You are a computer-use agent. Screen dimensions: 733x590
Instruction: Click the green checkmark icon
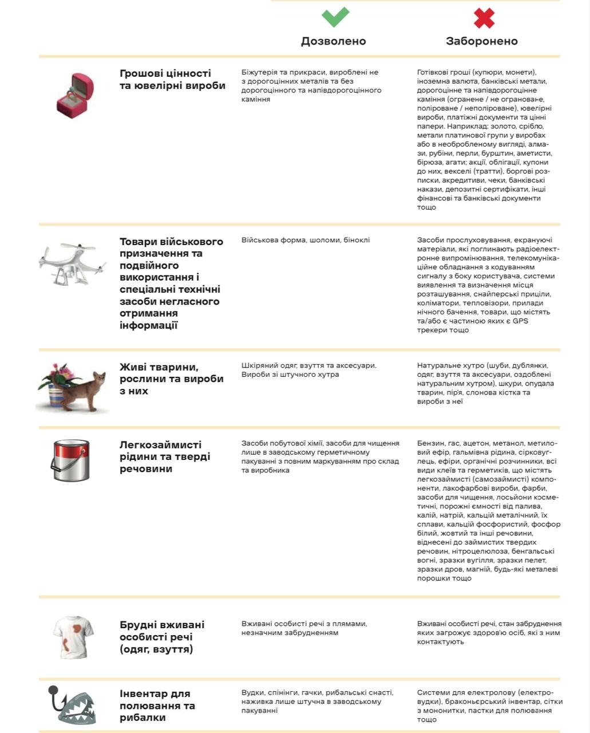tap(335, 17)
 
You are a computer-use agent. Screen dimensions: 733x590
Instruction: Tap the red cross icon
tap(484, 18)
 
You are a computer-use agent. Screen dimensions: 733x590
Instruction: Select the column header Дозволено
tap(334, 41)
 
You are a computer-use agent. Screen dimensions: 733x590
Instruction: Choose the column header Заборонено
tap(482, 41)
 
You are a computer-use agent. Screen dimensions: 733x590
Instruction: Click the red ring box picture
tap(74, 95)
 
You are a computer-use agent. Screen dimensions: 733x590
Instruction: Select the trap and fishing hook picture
tap(72, 706)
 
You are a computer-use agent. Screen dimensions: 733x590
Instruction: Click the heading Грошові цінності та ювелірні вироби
tap(172, 80)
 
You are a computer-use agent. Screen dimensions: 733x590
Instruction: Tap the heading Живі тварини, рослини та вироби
tap(171, 379)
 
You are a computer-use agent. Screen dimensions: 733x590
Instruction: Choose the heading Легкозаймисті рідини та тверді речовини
tap(165, 456)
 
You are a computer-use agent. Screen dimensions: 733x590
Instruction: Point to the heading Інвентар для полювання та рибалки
tap(157, 706)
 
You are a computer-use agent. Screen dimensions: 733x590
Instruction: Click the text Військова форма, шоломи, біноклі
tap(306, 240)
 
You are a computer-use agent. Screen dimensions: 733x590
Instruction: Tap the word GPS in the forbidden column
tap(520, 321)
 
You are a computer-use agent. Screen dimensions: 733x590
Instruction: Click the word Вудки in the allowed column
tap(252, 692)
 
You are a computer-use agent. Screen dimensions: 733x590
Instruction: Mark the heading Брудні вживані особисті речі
tap(162, 637)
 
